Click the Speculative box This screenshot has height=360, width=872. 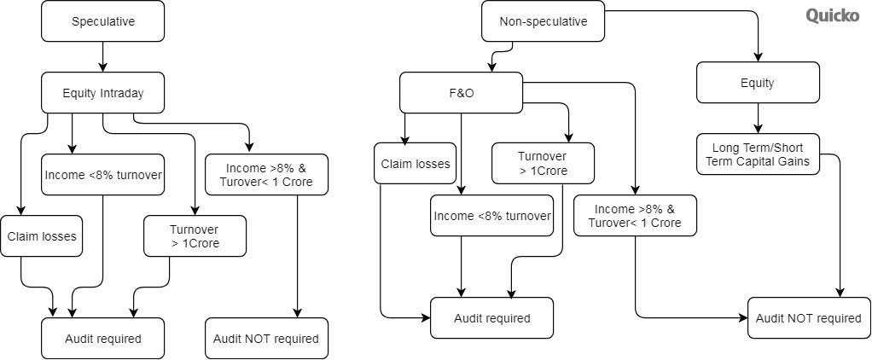103,21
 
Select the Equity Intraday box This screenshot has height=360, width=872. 103,93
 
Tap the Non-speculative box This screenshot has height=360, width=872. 543,21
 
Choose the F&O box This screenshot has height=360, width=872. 461,93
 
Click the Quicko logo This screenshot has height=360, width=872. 833,15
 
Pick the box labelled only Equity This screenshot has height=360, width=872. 758,83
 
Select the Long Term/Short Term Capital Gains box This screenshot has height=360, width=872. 758,154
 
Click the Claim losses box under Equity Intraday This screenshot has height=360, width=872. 41,236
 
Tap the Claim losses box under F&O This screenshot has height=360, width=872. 415,164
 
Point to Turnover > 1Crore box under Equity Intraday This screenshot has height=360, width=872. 195,236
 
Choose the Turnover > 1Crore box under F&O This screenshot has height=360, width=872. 543,164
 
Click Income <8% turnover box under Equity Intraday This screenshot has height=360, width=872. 103,175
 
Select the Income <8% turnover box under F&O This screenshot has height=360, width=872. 491,215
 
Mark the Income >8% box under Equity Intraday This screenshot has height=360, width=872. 266,175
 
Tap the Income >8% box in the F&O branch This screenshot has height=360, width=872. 635,215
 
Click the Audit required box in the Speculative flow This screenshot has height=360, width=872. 103,339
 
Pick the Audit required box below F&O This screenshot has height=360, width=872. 491,317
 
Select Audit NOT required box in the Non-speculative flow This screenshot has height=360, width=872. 809,317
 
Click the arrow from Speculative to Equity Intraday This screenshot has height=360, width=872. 103,57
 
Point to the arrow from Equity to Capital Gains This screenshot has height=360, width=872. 758,118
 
